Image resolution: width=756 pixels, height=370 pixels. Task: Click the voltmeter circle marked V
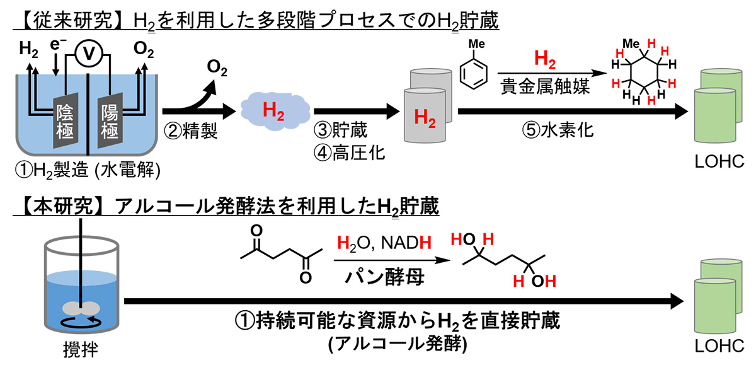(x=89, y=54)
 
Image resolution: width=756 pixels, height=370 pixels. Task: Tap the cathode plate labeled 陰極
(x=66, y=120)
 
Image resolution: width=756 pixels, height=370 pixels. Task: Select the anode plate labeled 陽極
(x=110, y=120)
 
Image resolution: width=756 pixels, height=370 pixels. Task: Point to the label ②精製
(x=191, y=131)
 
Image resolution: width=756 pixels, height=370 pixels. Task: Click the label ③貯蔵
(x=340, y=130)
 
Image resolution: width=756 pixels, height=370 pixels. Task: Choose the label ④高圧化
(x=349, y=153)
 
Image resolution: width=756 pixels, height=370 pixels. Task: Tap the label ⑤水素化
(x=558, y=130)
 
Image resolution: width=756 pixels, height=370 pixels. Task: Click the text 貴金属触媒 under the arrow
(x=545, y=86)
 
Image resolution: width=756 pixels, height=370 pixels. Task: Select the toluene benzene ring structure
(x=474, y=74)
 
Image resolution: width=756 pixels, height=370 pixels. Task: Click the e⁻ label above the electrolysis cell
(x=58, y=44)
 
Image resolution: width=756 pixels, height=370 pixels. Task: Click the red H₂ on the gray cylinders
(x=425, y=118)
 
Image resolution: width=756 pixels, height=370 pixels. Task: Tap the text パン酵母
(x=384, y=277)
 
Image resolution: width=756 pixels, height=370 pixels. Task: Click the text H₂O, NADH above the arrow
(x=384, y=243)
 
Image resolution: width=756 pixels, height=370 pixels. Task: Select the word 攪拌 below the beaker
(x=81, y=349)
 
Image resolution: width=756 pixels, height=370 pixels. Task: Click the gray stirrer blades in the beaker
(x=81, y=308)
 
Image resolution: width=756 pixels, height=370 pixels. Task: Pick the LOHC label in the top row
(x=719, y=162)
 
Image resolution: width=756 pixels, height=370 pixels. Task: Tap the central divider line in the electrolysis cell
(x=88, y=114)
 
